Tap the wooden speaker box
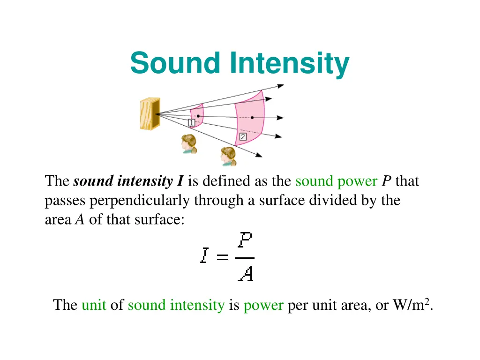pyautogui.click(x=150, y=113)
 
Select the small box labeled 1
pyautogui.click(x=192, y=123)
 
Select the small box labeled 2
pyautogui.click(x=243, y=137)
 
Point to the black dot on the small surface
pyautogui.click(x=198, y=116)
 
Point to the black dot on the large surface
pyautogui.click(x=252, y=117)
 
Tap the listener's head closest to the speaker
pyautogui.click(x=189, y=142)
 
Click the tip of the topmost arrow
pyautogui.click(x=283, y=85)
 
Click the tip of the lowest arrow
pyautogui.click(x=261, y=156)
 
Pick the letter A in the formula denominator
pyautogui.click(x=246, y=273)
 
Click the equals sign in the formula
pyautogui.click(x=222, y=258)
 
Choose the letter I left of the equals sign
pyautogui.click(x=203, y=257)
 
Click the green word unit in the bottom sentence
pyautogui.click(x=94, y=306)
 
